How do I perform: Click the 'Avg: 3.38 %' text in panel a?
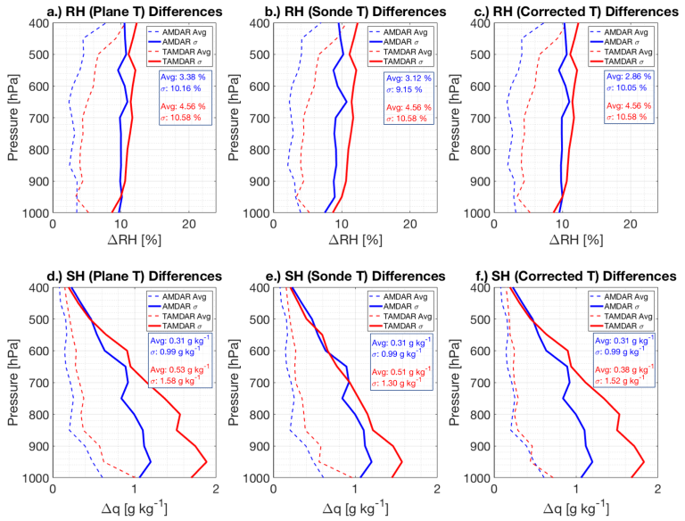tap(180, 77)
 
